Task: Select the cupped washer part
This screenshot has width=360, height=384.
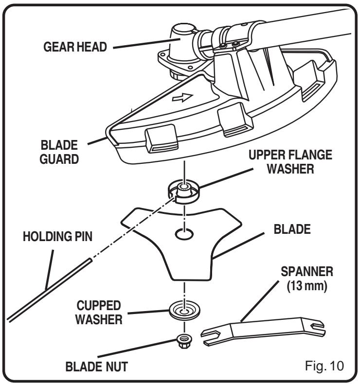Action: (184, 310)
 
